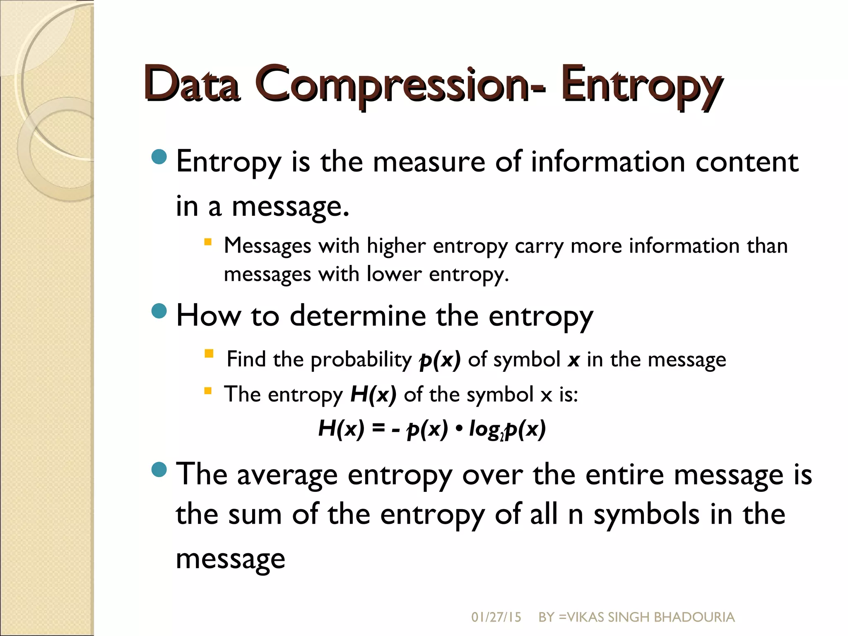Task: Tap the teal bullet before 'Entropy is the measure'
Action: pos(159,157)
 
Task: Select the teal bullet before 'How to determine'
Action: pos(159,311)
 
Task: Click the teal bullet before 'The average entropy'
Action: pos(159,470)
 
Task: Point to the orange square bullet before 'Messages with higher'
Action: pos(208,241)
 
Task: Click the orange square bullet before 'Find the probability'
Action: pos(209,354)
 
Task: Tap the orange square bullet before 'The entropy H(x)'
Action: pos(208,390)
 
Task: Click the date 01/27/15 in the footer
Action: pos(496,617)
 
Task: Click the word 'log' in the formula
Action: pos(484,429)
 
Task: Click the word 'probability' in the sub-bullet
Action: pos(361,359)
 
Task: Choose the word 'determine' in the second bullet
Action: pos(358,316)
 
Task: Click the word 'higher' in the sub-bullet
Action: pos(396,246)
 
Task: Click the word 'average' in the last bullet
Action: pos(287,475)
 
